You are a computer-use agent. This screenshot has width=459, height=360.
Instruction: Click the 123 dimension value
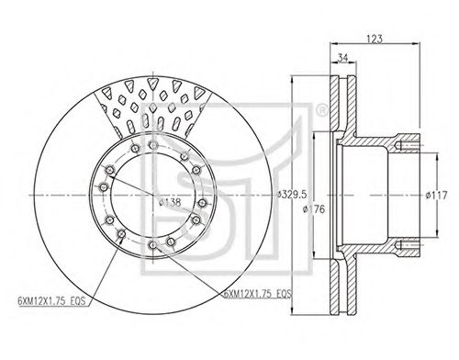[375, 39]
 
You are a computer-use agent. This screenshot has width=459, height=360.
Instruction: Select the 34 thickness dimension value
[343, 58]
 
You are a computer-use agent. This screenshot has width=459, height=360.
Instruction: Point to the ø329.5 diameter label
[292, 195]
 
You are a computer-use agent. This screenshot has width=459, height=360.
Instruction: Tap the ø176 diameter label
[313, 209]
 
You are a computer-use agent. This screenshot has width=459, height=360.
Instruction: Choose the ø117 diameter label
[436, 195]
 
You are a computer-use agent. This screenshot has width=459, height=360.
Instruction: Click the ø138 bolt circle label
[170, 202]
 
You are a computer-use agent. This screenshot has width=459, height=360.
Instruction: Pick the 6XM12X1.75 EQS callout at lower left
[51, 301]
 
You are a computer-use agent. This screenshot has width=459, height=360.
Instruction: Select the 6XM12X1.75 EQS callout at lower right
[258, 294]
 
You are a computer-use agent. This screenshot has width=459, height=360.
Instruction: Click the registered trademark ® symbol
[321, 110]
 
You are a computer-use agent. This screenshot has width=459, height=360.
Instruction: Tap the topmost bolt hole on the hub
[153, 145]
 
